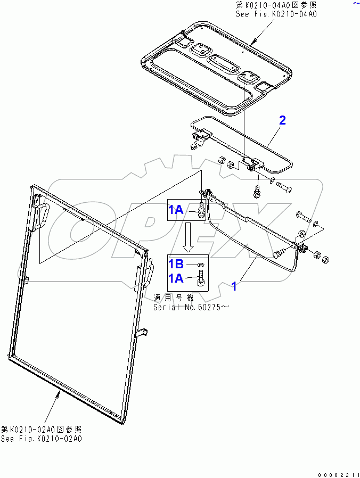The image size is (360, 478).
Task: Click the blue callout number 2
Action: click(282, 120)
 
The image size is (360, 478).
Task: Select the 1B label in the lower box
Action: click(177, 263)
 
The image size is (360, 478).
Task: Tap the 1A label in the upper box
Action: click(177, 210)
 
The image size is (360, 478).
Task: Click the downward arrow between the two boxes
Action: click(188, 237)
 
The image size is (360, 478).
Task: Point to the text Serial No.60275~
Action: click(190, 307)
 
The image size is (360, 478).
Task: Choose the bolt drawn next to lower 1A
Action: click(201, 278)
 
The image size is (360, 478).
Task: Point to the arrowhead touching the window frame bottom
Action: click(59, 393)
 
